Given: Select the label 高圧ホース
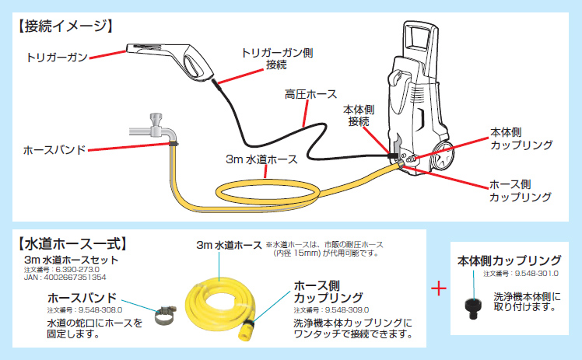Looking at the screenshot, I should click(x=310, y=94).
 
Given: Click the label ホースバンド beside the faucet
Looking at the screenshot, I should click(x=54, y=149).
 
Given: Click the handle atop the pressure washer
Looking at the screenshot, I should click(x=419, y=39).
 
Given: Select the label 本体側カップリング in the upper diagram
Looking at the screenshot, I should click(x=521, y=138).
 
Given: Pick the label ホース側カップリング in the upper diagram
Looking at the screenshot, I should click(x=520, y=192).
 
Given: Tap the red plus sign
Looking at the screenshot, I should click(x=440, y=288).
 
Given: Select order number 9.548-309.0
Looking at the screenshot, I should click(x=347, y=309).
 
